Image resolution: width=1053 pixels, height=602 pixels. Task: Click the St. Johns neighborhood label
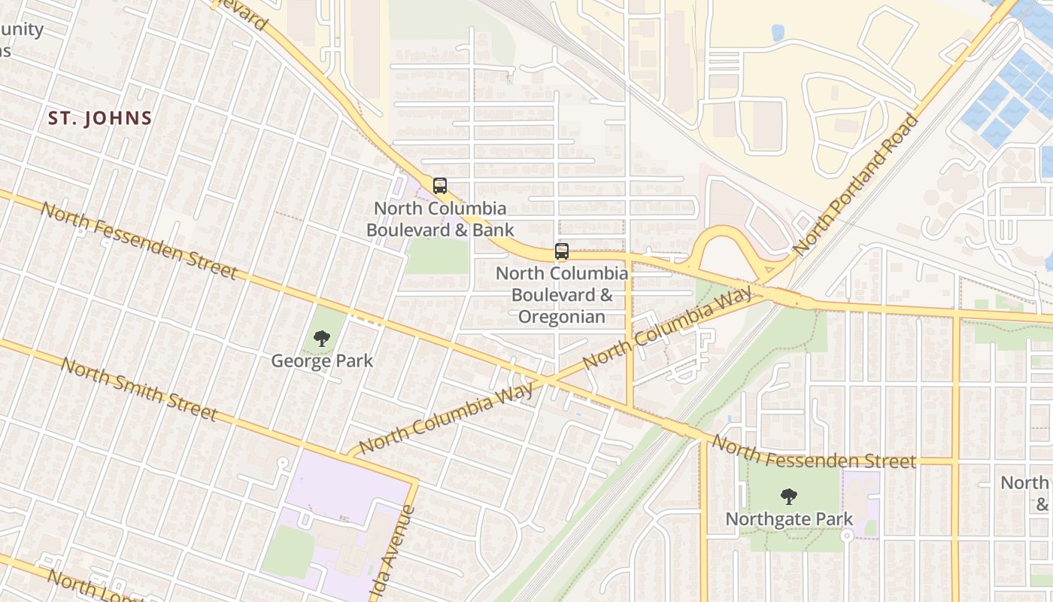coord(100,118)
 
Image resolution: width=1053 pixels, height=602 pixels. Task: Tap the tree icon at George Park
coord(322,339)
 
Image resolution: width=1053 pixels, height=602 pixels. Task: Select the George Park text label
coord(322,360)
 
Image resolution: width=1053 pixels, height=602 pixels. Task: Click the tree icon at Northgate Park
coord(788,497)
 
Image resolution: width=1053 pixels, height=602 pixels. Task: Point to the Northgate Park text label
coord(789,518)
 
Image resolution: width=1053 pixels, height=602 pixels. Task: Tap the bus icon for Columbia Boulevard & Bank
coord(440,185)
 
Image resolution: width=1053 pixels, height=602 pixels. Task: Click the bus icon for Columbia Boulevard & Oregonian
coord(562,251)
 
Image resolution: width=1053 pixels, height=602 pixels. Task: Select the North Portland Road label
coord(856,184)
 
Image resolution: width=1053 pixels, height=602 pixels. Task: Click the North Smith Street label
coord(139,389)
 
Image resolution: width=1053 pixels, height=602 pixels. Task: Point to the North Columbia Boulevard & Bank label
coord(440,219)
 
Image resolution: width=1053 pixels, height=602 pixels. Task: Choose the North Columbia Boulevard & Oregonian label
coord(562,294)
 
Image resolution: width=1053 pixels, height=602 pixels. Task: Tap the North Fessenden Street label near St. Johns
coord(139,240)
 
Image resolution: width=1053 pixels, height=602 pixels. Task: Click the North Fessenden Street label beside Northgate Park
coord(814,452)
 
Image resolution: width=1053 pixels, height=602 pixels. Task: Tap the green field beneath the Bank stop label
coord(437,257)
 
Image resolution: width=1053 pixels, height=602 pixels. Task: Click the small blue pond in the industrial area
coord(778,32)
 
